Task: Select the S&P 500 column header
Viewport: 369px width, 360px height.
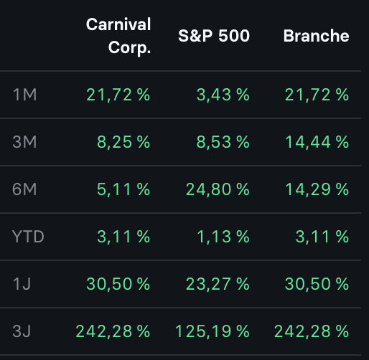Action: tap(214, 36)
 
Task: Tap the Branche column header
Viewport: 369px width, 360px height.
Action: tap(316, 36)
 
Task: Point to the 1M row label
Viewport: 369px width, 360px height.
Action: tap(25, 95)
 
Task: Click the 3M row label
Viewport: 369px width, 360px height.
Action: tap(26, 142)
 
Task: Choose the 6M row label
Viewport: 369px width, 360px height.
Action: tap(26, 189)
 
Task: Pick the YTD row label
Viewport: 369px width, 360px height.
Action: tap(29, 237)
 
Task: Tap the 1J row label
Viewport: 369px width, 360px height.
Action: tap(23, 284)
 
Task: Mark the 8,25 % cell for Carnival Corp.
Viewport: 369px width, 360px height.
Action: tap(123, 142)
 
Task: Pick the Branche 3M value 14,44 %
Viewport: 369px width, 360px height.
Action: tap(312, 142)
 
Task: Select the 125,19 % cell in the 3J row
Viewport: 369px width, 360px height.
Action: tap(212, 331)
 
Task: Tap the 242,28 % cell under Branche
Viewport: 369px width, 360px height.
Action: tap(311, 331)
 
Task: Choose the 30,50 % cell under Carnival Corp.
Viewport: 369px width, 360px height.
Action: tap(117, 284)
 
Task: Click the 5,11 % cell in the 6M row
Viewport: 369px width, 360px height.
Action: tap(124, 189)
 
